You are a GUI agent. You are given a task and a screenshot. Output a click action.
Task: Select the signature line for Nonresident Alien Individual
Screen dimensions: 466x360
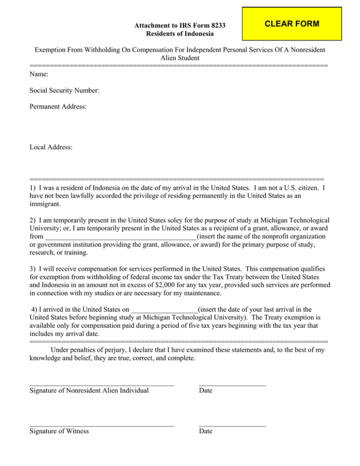pos(101,384)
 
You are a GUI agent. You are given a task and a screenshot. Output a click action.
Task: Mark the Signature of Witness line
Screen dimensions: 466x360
pos(101,425)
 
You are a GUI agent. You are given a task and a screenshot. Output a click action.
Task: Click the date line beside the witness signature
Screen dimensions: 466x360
pos(232,425)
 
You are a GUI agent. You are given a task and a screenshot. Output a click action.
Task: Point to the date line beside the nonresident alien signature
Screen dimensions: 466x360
pos(232,384)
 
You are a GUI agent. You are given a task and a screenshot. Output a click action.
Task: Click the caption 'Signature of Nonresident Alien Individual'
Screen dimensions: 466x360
pos(89,390)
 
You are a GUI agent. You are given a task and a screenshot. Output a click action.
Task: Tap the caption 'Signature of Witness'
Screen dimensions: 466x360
pos(59,431)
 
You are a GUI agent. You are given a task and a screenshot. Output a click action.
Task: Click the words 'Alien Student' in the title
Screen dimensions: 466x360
pos(180,58)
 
